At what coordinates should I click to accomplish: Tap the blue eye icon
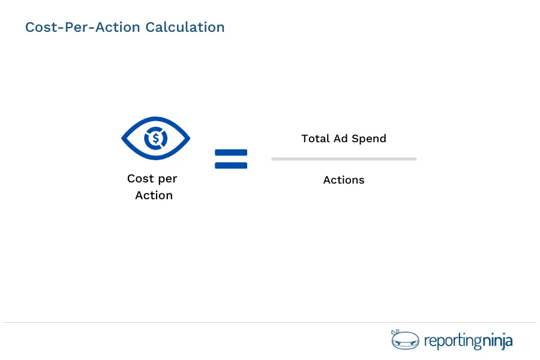pyautogui.click(x=156, y=139)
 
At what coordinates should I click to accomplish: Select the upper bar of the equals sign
pyautogui.click(x=231, y=152)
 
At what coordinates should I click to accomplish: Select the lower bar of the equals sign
pyautogui.click(x=231, y=165)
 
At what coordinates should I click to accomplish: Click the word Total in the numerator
pyautogui.click(x=315, y=139)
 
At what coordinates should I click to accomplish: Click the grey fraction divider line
pyautogui.click(x=344, y=159)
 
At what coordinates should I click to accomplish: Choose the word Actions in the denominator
pyautogui.click(x=344, y=180)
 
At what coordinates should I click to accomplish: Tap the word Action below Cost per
pyautogui.click(x=154, y=196)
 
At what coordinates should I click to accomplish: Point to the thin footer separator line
pyautogui.click(x=270, y=323)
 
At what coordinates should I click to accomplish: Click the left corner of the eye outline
pyautogui.click(x=124, y=139)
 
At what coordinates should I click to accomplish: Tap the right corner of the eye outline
pyautogui.click(x=188, y=139)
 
